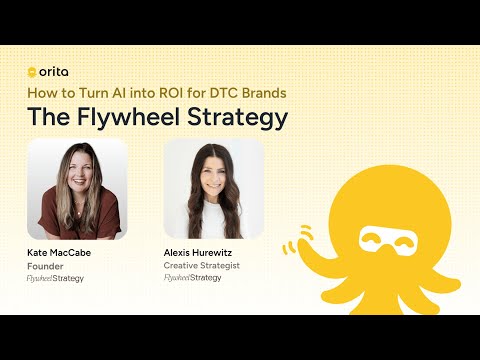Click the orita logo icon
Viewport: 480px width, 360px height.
32,72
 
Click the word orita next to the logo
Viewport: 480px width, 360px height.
53,72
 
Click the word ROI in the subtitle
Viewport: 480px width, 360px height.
173,93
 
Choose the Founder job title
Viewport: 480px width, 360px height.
44,266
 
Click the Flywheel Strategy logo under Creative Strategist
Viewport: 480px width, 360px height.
192,277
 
